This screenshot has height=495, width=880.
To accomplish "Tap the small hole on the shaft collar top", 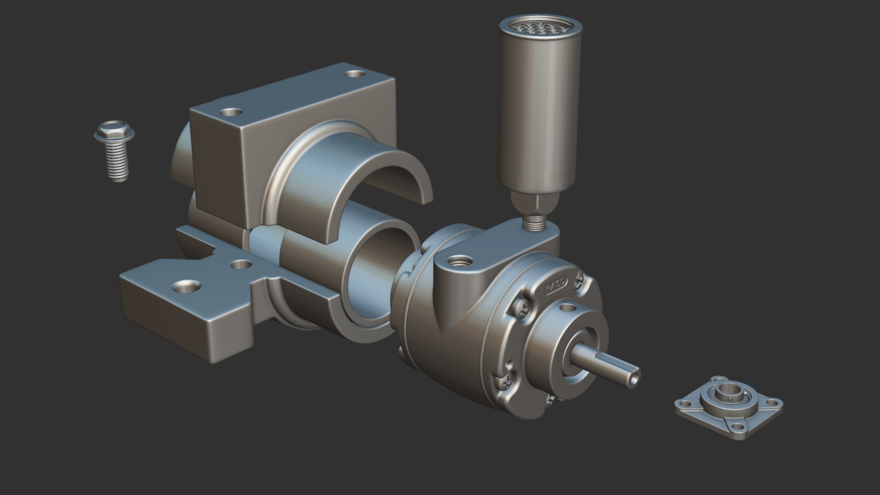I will click(569, 306).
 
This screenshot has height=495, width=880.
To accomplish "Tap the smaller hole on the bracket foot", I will click(240, 264).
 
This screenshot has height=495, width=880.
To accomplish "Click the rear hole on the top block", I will click(354, 73).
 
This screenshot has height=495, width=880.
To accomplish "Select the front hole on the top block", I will click(231, 111).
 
